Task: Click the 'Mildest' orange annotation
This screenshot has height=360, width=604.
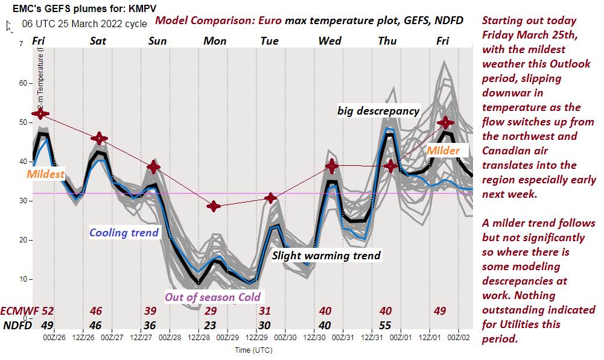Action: coord(46,174)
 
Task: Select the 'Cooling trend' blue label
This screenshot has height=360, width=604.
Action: coord(124,233)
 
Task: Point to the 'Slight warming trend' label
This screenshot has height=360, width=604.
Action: coord(326,255)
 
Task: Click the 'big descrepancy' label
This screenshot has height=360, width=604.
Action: coord(378,111)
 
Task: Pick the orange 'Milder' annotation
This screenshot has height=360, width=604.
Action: coord(443,151)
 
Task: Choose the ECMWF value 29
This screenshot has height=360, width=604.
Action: coord(211,311)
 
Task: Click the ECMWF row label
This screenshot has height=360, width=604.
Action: coord(19,311)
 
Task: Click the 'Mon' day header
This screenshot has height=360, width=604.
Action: coord(215,41)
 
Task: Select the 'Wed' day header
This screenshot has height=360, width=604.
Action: coord(330,41)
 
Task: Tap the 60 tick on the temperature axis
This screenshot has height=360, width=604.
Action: coord(22,83)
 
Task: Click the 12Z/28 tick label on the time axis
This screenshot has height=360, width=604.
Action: coord(199,337)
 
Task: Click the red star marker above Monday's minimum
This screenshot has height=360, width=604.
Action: coord(214,206)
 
